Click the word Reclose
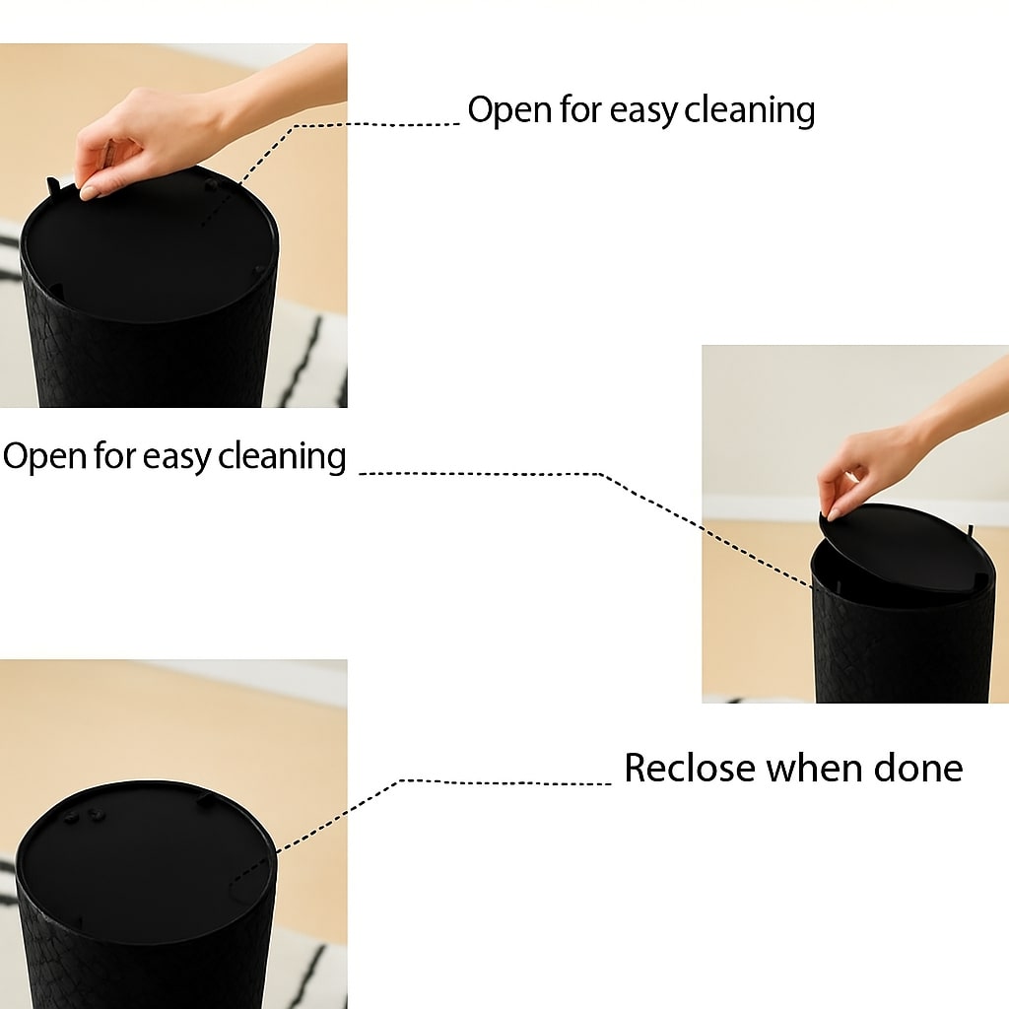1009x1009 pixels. (x=689, y=768)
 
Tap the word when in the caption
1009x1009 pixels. (x=813, y=768)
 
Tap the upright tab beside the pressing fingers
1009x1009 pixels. (x=53, y=186)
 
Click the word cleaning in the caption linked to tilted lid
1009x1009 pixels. (x=282, y=457)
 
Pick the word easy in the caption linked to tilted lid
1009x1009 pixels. (x=176, y=458)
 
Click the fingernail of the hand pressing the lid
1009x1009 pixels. (x=89, y=192)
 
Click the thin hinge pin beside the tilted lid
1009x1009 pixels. (x=970, y=533)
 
